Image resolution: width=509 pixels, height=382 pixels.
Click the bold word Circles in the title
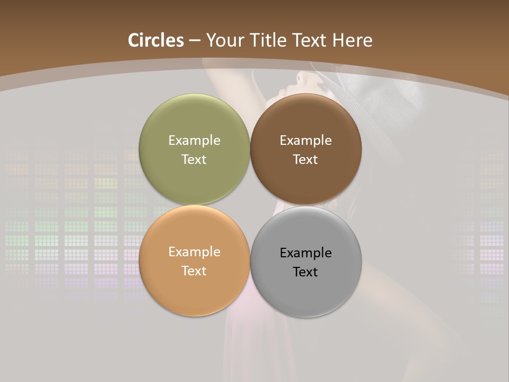coord(156,40)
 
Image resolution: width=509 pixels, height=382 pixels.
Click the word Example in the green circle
coord(194,141)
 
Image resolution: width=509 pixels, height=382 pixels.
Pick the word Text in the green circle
coord(194,160)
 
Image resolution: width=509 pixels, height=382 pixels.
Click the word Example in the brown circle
coord(306,141)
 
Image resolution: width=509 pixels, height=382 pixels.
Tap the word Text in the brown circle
coord(306,160)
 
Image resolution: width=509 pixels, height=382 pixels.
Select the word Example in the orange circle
coord(194,252)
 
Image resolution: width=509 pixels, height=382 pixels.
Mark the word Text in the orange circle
coord(194,271)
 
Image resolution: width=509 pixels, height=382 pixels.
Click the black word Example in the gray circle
coord(306,253)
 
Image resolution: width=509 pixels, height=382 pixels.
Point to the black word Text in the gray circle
coord(306,272)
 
